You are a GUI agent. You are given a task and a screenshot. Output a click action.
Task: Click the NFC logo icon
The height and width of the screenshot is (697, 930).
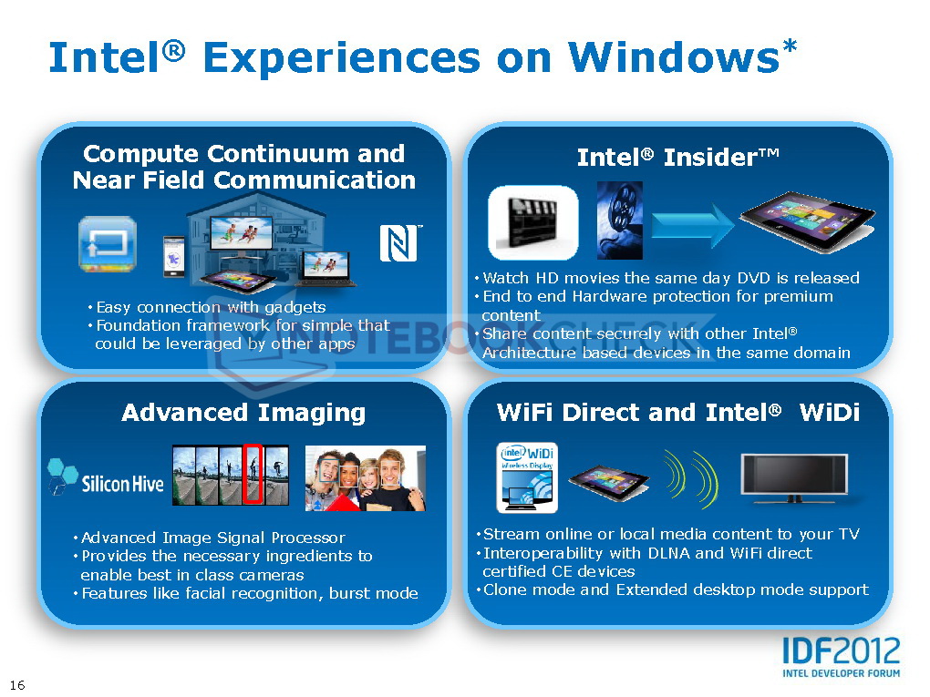point(399,243)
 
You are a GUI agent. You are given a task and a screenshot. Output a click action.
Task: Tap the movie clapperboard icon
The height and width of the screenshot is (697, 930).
point(532,222)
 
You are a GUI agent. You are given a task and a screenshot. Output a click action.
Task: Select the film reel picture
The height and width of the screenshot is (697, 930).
point(620,220)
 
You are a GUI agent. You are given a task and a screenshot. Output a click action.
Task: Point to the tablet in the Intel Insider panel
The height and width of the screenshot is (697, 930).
point(807,220)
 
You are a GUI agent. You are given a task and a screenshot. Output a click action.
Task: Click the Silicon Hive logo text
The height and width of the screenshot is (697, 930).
point(122,484)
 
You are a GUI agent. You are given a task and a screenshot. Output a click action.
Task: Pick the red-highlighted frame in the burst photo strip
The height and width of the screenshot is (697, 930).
point(253,475)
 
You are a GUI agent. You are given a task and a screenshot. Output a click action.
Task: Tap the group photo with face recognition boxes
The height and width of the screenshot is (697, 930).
point(366,478)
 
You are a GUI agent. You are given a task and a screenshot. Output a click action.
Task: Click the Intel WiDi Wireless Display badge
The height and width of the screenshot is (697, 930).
point(527,477)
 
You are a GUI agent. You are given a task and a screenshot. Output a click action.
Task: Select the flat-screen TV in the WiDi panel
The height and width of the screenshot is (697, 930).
point(794,478)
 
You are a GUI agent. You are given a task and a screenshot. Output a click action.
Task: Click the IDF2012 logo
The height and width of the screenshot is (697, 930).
point(841,657)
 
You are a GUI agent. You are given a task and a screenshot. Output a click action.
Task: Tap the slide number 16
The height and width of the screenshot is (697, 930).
point(17,685)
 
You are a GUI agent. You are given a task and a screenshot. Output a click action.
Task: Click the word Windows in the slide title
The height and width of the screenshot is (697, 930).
point(674,57)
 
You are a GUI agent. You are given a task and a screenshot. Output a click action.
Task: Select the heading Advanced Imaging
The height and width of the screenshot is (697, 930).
point(243,413)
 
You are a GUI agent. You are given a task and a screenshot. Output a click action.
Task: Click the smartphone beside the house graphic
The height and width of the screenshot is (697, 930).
point(174,257)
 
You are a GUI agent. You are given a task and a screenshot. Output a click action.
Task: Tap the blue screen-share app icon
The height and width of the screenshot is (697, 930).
point(108,244)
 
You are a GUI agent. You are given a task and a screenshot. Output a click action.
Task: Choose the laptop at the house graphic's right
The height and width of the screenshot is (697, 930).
point(326,269)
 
